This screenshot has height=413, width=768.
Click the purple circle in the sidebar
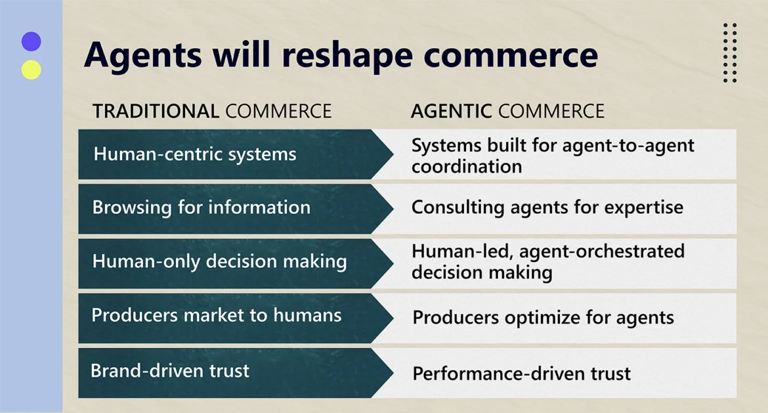31,42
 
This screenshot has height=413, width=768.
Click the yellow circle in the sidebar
31,70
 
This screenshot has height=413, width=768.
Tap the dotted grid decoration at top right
729,53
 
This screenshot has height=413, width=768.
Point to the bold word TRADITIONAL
156,111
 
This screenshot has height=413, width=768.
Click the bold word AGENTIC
451,111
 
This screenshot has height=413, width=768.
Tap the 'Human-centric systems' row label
195,154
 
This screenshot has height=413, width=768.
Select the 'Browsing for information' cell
201,207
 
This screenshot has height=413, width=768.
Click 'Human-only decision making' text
219,261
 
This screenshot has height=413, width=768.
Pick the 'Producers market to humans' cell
216,315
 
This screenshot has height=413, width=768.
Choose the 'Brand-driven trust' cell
170,371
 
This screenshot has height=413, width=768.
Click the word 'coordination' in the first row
467,167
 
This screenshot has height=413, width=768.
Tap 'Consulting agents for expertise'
547,207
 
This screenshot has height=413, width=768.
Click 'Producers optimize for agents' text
543,318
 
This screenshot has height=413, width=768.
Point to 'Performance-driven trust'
521,374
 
